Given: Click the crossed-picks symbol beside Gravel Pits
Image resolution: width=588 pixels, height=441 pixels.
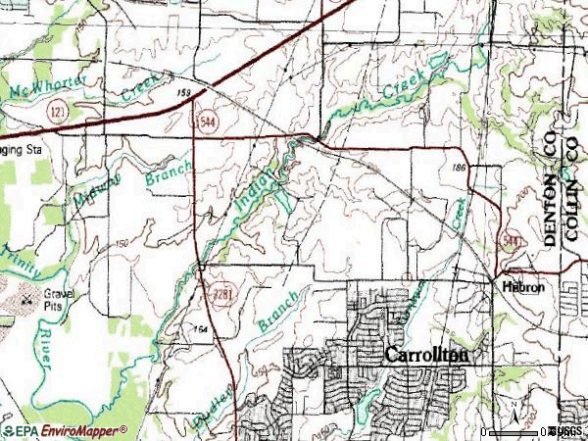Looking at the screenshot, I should tap(26, 294).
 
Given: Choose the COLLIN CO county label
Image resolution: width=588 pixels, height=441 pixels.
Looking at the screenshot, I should tap(572, 192).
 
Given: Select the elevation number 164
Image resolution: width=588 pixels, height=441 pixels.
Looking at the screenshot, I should tap(201, 328).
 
